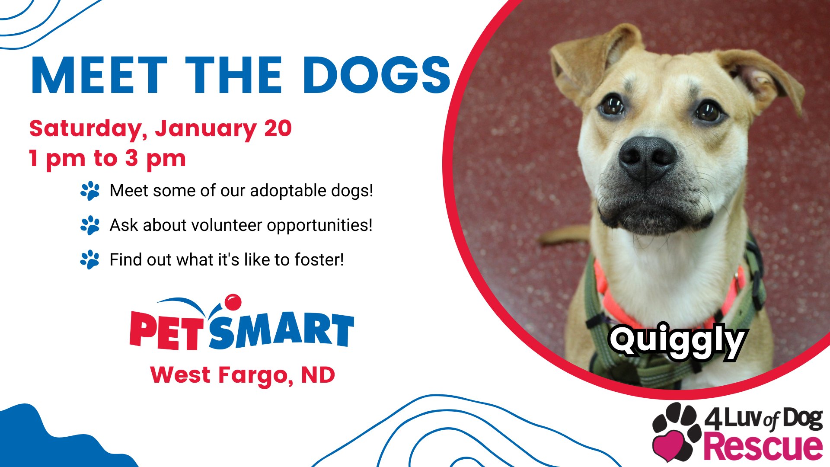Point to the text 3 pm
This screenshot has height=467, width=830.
(x=156, y=159)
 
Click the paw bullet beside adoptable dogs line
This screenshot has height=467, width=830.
(x=90, y=191)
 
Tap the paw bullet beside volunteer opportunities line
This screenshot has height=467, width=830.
(x=90, y=225)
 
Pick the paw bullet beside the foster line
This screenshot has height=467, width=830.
(x=90, y=260)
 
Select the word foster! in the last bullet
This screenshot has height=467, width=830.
(x=319, y=259)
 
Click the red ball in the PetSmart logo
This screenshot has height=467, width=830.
(x=233, y=302)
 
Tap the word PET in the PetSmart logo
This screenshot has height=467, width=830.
(x=165, y=329)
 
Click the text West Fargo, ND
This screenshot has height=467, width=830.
(x=243, y=375)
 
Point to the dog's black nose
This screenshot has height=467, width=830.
(x=647, y=159)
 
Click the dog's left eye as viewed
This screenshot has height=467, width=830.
(x=612, y=106)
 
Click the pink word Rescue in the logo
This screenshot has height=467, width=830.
(x=763, y=447)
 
